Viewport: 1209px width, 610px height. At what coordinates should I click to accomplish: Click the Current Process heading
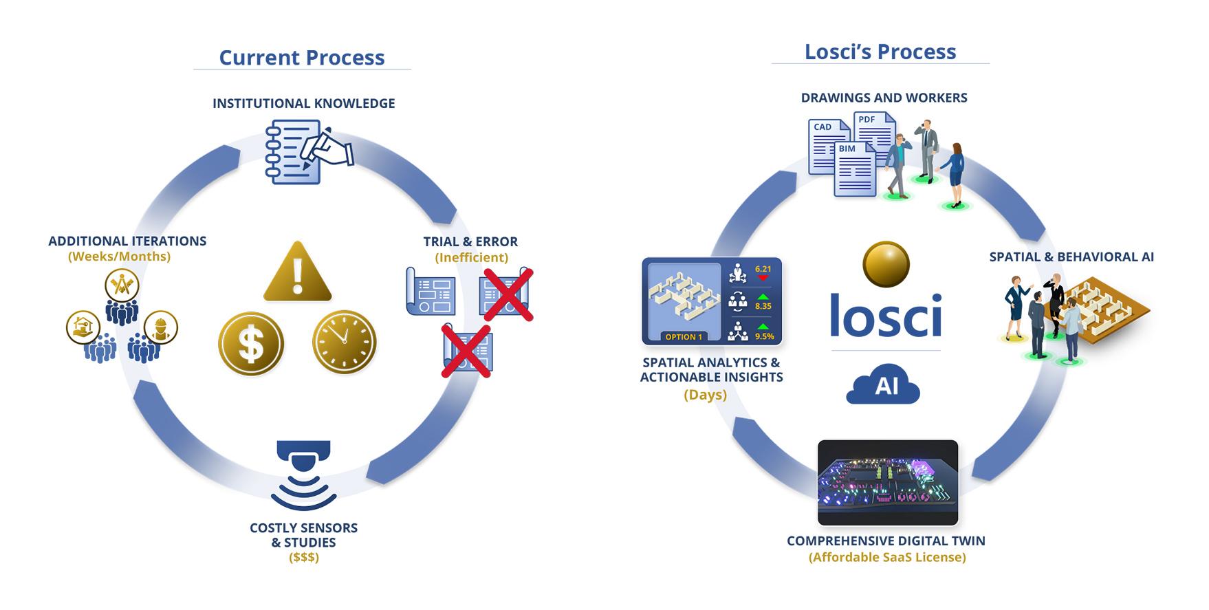click(x=302, y=58)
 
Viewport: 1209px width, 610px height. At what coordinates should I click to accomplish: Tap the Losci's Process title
click(x=880, y=52)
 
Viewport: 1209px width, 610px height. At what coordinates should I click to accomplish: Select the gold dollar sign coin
click(x=251, y=344)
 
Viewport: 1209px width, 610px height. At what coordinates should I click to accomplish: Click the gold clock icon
click(x=345, y=342)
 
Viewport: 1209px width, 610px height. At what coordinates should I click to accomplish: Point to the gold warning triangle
click(x=298, y=274)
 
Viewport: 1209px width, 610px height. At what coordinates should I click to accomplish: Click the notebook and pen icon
click(x=308, y=152)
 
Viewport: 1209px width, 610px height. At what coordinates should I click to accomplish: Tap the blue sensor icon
click(x=303, y=475)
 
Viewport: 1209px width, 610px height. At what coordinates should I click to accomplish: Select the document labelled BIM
click(x=855, y=170)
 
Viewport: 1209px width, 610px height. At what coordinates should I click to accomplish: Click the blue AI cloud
click(x=883, y=384)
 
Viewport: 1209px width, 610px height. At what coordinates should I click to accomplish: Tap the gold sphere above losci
click(x=886, y=264)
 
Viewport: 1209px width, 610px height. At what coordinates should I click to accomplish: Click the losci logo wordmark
click(x=886, y=316)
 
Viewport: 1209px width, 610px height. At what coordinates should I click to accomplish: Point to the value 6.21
click(x=763, y=269)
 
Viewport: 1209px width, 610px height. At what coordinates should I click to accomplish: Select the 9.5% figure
click(x=765, y=336)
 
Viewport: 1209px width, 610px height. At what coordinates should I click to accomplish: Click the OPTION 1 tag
click(x=684, y=337)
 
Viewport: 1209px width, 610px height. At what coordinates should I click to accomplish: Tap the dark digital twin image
click(x=888, y=483)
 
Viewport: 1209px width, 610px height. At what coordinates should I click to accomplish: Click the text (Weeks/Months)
click(x=119, y=257)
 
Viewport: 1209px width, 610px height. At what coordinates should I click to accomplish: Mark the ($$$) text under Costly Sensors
click(x=304, y=557)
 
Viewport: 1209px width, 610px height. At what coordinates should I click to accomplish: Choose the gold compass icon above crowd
click(x=122, y=285)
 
